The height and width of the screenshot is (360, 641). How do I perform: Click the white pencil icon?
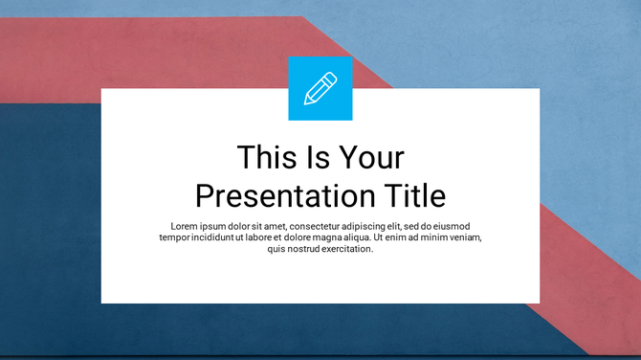coord(320,88)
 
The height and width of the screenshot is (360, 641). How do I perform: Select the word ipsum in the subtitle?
coord(218,226)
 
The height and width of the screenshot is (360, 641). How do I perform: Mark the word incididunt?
coord(221,237)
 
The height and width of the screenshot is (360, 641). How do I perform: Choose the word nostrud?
coord(306,249)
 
